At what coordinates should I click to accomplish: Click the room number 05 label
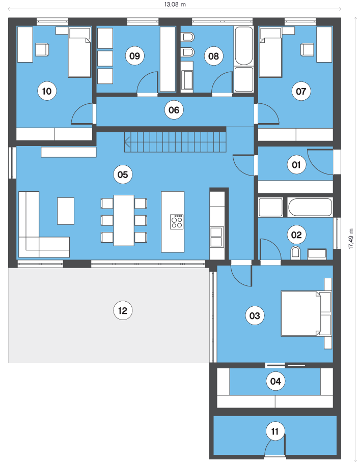(x=123, y=174)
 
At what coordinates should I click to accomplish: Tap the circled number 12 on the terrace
(x=123, y=310)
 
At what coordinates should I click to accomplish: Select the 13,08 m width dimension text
(x=175, y=5)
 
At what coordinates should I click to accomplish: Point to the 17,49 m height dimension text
(x=351, y=239)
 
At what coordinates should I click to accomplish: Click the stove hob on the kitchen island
(x=177, y=222)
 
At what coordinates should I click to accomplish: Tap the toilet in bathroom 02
(x=295, y=253)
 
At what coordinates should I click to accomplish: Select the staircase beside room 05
(x=175, y=142)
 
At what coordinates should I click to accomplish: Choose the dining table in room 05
(x=124, y=220)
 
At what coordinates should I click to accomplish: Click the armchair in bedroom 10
(x=42, y=50)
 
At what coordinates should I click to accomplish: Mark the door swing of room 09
(x=147, y=82)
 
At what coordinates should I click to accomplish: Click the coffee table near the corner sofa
(x=66, y=211)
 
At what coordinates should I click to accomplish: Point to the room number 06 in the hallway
(x=174, y=110)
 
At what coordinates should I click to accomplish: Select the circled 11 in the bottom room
(x=274, y=431)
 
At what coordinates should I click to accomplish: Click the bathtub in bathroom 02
(x=310, y=207)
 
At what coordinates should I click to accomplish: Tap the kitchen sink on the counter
(x=217, y=237)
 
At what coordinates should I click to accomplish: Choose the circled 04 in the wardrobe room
(x=275, y=381)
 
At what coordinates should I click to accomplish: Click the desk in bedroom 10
(x=25, y=45)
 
